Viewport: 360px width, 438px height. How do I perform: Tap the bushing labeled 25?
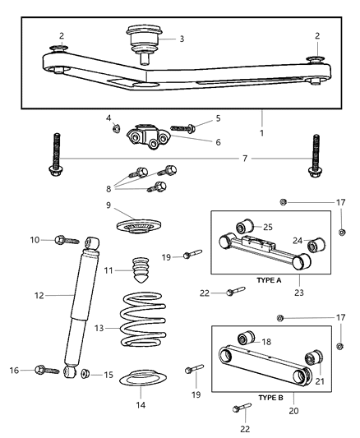pos(245,227)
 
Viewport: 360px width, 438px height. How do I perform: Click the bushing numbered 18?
pos(244,339)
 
